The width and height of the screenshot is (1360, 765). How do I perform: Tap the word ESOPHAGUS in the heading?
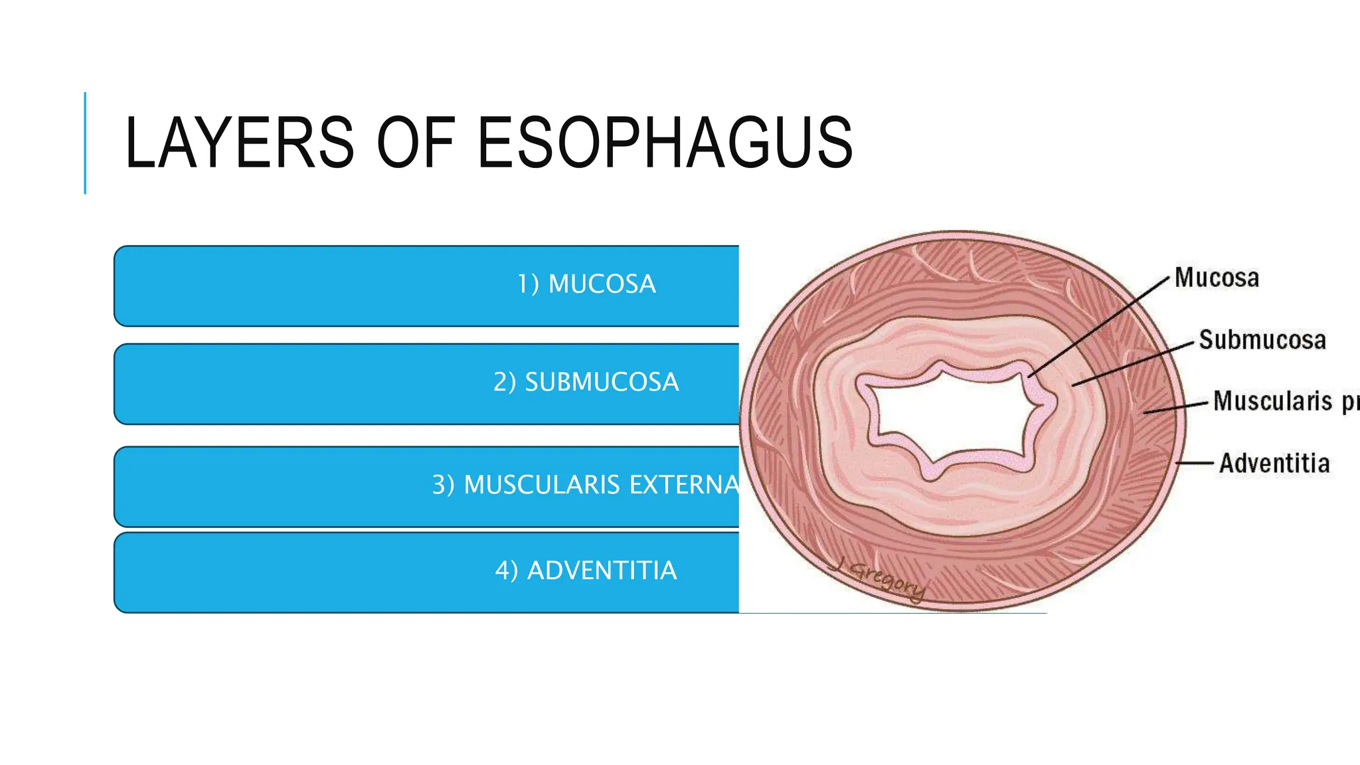coord(665,143)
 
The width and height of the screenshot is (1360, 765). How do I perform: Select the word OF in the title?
coord(416,143)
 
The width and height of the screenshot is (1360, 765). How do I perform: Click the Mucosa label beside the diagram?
coord(1217,278)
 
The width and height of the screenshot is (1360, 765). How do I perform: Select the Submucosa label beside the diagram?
coord(1262,340)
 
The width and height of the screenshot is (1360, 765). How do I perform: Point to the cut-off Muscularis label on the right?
coord(1285,402)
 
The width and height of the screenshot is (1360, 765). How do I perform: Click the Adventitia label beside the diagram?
coord(1274,464)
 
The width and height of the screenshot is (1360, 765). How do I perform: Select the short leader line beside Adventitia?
coord(1195,462)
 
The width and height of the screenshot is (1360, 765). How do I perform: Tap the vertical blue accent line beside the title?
coord(85,143)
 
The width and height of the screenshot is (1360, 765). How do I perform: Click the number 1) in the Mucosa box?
coord(529,284)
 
